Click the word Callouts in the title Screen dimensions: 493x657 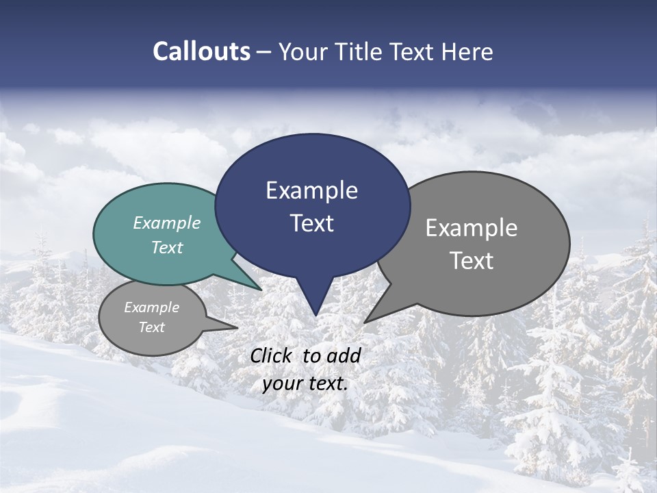(201, 51)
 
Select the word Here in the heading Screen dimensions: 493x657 (468, 51)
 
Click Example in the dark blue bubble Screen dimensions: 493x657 (311, 190)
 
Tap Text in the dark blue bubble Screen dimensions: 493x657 (311, 223)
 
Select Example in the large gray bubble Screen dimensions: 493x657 (472, 228)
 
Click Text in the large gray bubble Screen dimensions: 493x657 (472, 261)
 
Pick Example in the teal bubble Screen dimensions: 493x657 (167, 223)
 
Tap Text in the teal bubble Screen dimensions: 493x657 (167, 247)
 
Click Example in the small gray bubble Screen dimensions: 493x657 (152, 307)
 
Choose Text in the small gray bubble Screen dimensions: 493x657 (152, 327)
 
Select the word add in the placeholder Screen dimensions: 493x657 (344, 355)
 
